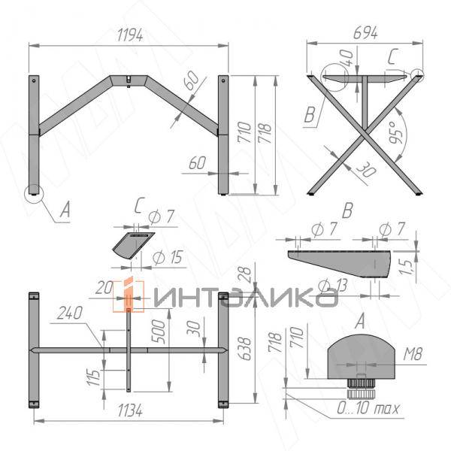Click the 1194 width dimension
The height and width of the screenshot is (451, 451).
pos(130,35)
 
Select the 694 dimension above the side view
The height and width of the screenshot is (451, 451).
pos(365,33)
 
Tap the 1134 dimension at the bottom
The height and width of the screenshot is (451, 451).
pos(130,410)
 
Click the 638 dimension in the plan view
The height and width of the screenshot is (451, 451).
pos(245,348)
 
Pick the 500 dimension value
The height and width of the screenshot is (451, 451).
pos(159,331)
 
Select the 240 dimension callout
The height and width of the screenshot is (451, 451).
pos(70,313)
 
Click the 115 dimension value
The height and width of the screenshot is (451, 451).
pos(94,377)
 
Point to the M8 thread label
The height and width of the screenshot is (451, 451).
pos(413,354)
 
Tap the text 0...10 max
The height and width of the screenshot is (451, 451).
pos(368,408)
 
